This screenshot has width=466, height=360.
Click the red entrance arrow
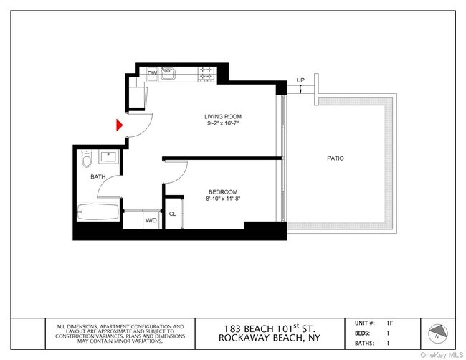119,125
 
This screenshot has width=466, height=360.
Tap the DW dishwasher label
152,73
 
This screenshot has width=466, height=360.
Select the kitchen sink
168,74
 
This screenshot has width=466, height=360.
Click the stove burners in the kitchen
206,73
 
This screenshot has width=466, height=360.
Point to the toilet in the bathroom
87,158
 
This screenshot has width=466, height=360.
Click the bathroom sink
109,156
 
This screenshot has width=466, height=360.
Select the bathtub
98,212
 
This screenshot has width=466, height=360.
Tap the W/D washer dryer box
151,220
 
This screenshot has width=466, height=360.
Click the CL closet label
172,214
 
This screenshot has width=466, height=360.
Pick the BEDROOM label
223,192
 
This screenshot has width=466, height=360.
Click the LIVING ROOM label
223,116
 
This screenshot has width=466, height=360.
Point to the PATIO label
336,158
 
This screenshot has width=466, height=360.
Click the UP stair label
300,80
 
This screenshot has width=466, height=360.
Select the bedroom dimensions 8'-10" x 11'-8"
223,199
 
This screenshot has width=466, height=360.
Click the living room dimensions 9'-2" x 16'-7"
223,123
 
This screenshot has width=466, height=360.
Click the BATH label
98,177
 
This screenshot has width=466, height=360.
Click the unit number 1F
389,323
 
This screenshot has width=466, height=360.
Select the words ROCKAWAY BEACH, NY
270,338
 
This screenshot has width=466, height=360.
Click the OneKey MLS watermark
442,355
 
